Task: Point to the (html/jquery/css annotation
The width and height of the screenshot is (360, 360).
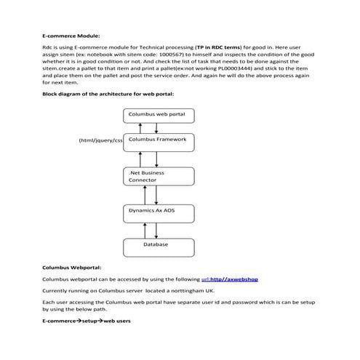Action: click(100, 139)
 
